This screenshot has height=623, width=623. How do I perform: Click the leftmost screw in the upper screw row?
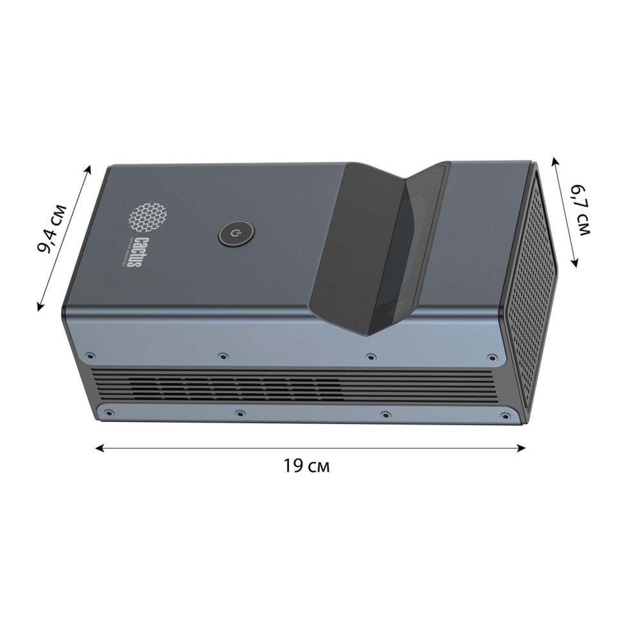pos(90,354)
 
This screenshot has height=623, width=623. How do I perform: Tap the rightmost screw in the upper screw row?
pos(492,357)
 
